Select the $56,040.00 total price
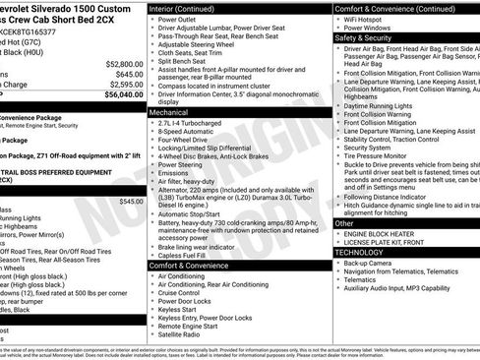(118, 95)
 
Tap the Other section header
(344, 223)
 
